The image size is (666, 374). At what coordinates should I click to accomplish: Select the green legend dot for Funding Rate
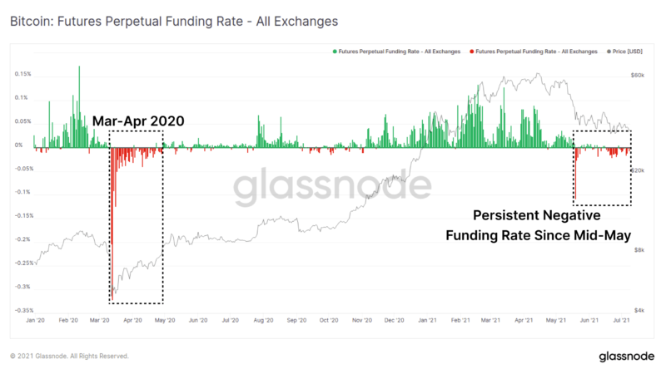click(x=335, y=51)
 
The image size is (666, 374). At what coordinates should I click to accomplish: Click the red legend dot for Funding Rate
click(x=471, y=51)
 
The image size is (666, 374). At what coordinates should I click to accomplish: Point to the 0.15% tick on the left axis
click(x=22, y=74)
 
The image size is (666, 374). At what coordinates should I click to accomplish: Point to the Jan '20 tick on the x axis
click(x=36, y=320)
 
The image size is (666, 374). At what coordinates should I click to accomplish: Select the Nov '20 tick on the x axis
click(x=361, y=320)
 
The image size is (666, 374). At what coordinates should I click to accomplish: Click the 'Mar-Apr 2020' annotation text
click(x=138, y=121)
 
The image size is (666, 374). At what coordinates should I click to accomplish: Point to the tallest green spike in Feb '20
click(x=80, y=67)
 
